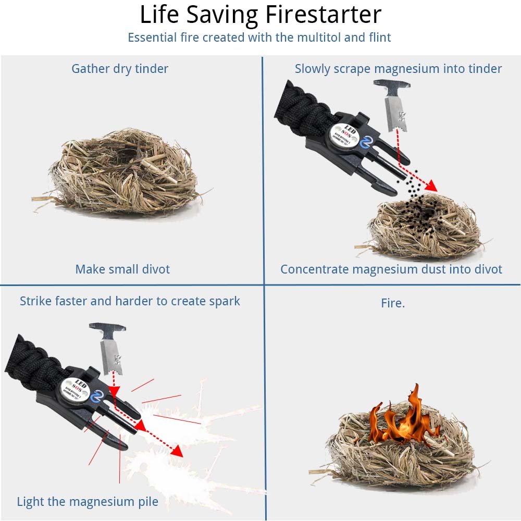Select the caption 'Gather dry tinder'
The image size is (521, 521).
coord(120,69)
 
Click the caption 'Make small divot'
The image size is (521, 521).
coord(122,269)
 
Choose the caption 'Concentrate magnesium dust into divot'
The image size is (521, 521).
coord(391,269)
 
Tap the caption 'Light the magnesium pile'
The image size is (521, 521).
coord(88,502)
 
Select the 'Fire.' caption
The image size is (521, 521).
coord(392,303)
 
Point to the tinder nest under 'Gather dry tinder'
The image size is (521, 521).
coord(122,172)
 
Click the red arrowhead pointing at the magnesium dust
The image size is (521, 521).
coord(431,186)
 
